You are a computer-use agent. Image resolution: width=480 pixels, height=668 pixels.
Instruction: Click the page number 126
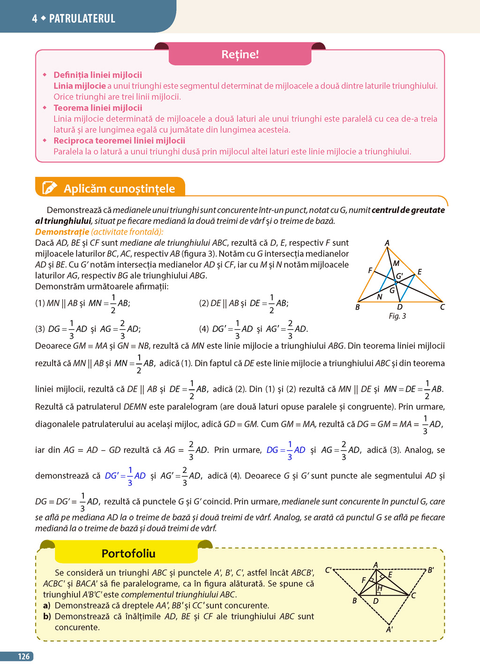tap(24, 657)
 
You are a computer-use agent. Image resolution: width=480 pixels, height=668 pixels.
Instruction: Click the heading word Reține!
tap(240, 54)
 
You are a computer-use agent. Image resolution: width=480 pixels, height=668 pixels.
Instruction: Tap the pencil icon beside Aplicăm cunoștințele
tap(50, 188)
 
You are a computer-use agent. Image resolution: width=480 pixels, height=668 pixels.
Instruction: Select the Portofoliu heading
tap(128, 554)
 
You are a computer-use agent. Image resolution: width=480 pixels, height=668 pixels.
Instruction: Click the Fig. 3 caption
tap(397, 316)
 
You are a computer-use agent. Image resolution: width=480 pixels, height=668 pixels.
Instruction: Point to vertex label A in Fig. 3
tap(387, 243)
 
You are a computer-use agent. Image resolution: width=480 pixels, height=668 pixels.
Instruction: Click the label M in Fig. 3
tap(396, 264)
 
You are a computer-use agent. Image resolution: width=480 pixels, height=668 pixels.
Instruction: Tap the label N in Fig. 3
tap(380, 296)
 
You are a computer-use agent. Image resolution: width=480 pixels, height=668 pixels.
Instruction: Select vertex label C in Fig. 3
tap(442, 307)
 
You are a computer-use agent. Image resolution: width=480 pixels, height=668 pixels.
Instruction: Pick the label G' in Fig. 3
tap(399, 276)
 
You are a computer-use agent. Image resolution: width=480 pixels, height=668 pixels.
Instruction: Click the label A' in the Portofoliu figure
tap(390, 630)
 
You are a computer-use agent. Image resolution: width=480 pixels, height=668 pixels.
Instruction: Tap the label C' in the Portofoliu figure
tap(329, 570)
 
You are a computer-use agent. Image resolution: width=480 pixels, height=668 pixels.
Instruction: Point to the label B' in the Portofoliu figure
tap(431, 570)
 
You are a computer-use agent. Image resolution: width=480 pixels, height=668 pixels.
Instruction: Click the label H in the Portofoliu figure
tap(380, 588)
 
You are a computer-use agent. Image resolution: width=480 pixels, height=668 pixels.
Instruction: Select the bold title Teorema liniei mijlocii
tap(97, 108)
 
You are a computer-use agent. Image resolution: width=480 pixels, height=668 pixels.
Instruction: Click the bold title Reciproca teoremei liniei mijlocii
tap(119, 141)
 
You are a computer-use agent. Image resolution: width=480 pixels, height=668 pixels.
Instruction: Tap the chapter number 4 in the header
tap(35, 19)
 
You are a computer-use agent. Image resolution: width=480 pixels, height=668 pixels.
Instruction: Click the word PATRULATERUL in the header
tap(82, 19)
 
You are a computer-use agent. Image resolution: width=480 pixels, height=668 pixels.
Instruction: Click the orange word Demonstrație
tap(62, 232)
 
